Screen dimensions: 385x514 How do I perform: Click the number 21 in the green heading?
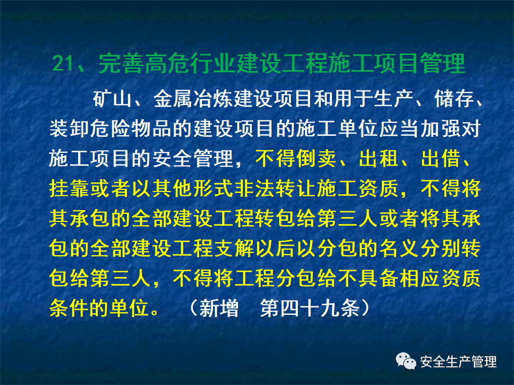[65, 65]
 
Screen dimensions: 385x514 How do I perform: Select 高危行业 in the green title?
[190, 65]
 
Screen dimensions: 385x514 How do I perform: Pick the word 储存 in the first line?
[442, 99]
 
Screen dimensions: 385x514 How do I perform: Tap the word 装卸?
[66, 129]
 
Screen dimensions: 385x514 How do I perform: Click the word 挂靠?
[66, 189]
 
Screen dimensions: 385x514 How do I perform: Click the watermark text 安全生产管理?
[458, 362]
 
